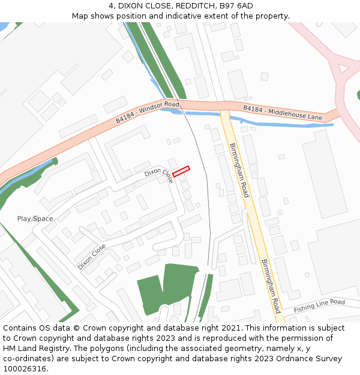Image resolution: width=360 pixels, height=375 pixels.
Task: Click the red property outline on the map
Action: (x=181, y=171)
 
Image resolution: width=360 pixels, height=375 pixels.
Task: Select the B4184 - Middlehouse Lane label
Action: (x=283, y=112)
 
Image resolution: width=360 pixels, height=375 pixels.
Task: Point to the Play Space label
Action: (x=35, y=218)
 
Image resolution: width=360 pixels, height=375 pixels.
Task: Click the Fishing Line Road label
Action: (x=319, y=305)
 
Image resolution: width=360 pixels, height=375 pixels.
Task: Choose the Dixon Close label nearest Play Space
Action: (x=92, y=256)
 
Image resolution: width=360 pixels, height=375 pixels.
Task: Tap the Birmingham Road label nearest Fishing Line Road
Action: (x=271, y=286)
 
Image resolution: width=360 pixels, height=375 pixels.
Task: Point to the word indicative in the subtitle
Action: (x=202, y=16)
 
